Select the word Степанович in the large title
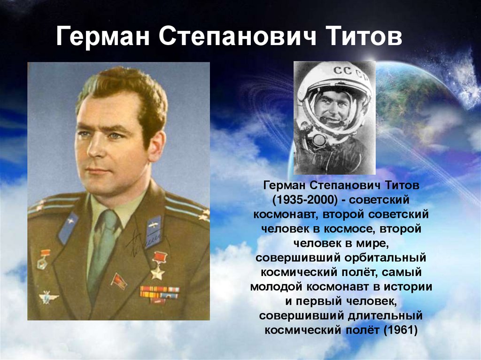[x=237, y=37]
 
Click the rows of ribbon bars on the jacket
[x=160, y=294]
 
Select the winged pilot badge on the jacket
[x=48, y=297]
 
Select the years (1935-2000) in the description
[x=304, y=200]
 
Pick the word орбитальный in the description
[x=385, y=258]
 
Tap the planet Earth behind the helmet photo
[x=411, y=104]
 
